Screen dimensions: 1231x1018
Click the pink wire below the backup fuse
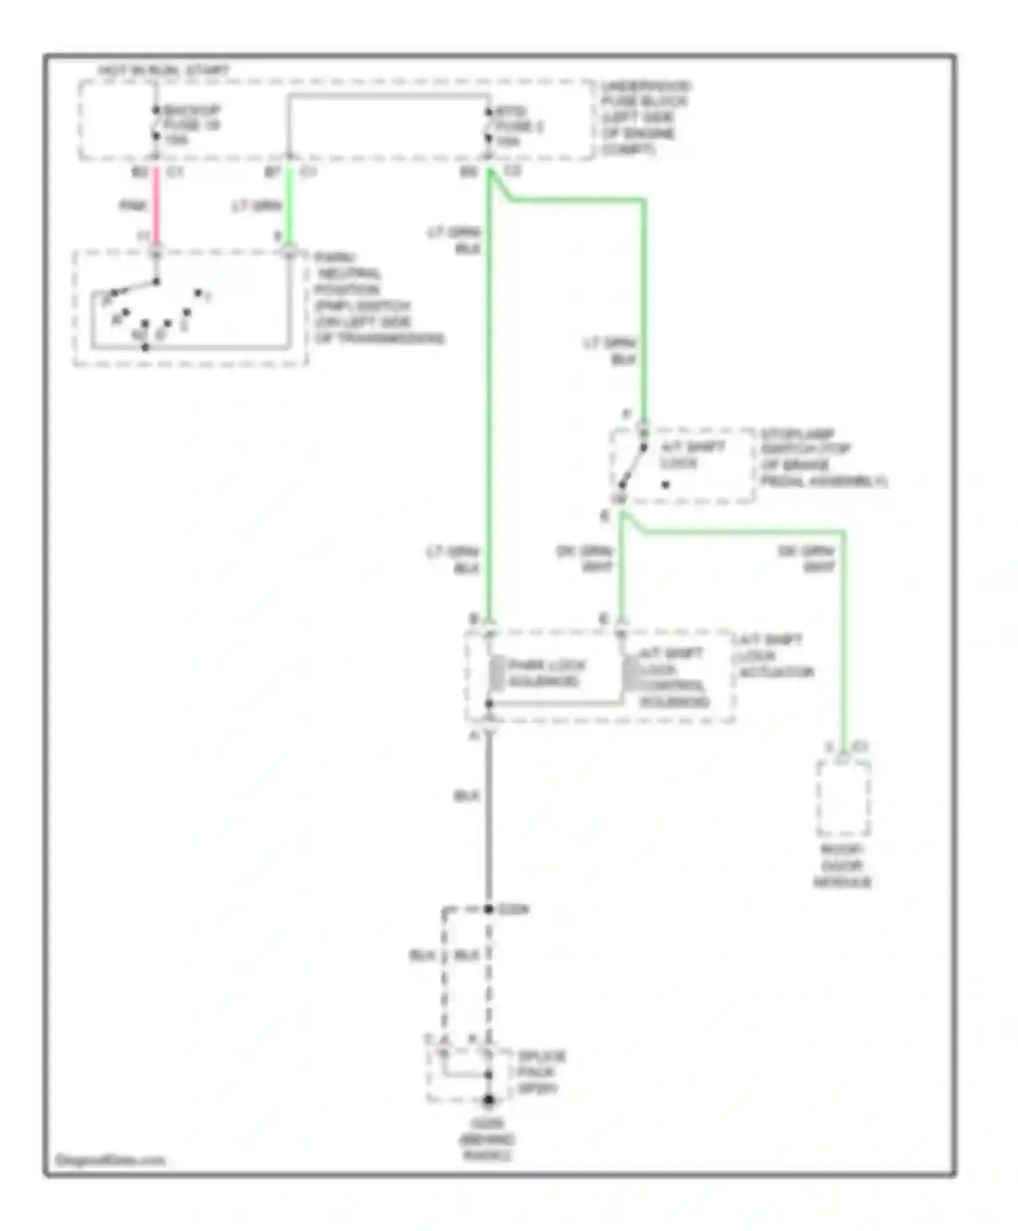click(x=156, y=206)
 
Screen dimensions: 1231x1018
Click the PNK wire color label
click(x=133, y=206)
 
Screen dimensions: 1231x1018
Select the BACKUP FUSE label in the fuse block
click(x=191, y=125)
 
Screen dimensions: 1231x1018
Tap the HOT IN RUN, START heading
click(x=164, y=71)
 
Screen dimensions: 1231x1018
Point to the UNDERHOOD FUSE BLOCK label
click(x=645, y=117)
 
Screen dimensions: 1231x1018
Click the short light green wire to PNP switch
click(x=290, y=206)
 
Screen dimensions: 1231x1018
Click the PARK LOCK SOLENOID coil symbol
click(x=497, y=673)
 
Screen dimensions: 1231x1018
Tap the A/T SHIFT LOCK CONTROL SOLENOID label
click(x=673, y=677)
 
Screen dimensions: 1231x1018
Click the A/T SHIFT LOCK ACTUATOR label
click(x=774, y=656)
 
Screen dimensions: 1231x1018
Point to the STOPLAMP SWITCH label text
click(x=821, y=457)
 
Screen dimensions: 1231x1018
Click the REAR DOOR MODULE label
click(x=842, y=866)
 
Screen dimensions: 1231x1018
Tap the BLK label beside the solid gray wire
click(x=466, y=795)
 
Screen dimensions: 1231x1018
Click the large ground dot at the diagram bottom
click(x=488, y=1100)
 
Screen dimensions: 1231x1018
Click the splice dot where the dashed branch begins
click(x=489, y=909)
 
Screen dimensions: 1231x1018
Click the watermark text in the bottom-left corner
click(x=110, y=1160)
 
